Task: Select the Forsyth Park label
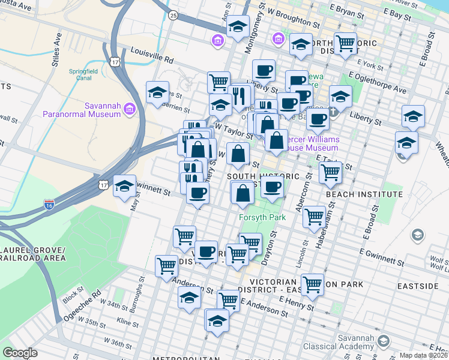262,217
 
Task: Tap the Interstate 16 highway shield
49,205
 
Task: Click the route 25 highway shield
173,15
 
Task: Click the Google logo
20,353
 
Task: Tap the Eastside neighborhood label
418,286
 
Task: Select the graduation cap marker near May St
124,185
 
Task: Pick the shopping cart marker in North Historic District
345,43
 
